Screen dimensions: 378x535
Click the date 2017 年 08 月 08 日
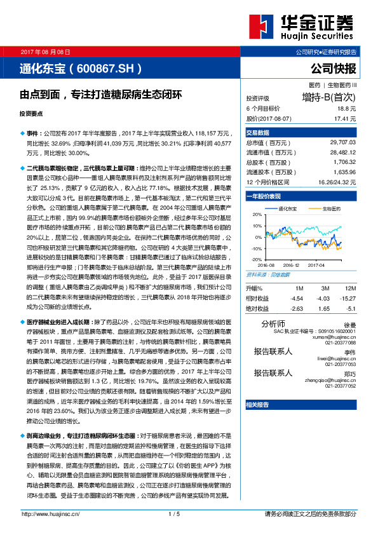click(45, 51)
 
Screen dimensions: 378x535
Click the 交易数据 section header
click(258, 133)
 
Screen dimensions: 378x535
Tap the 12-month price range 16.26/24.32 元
click(334, 182)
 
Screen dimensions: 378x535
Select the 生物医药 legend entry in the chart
click(330, 208)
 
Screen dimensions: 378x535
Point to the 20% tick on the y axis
click(257, 215)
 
